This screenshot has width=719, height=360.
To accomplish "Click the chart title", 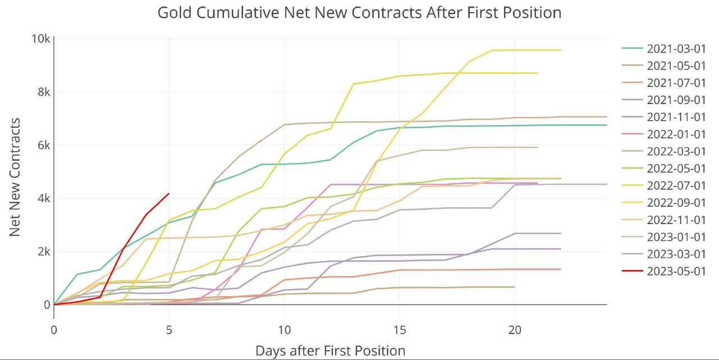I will [359, 13].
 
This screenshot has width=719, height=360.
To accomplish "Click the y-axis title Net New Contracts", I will [15, 177].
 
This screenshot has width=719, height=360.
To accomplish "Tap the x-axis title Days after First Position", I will [330, 351].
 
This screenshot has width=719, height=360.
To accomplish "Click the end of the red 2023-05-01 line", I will [169, 193].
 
